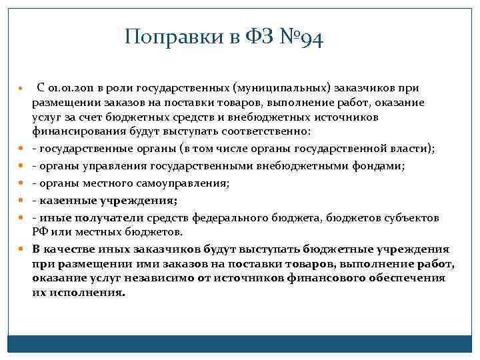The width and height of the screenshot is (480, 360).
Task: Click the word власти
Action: [x=413, y=147]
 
